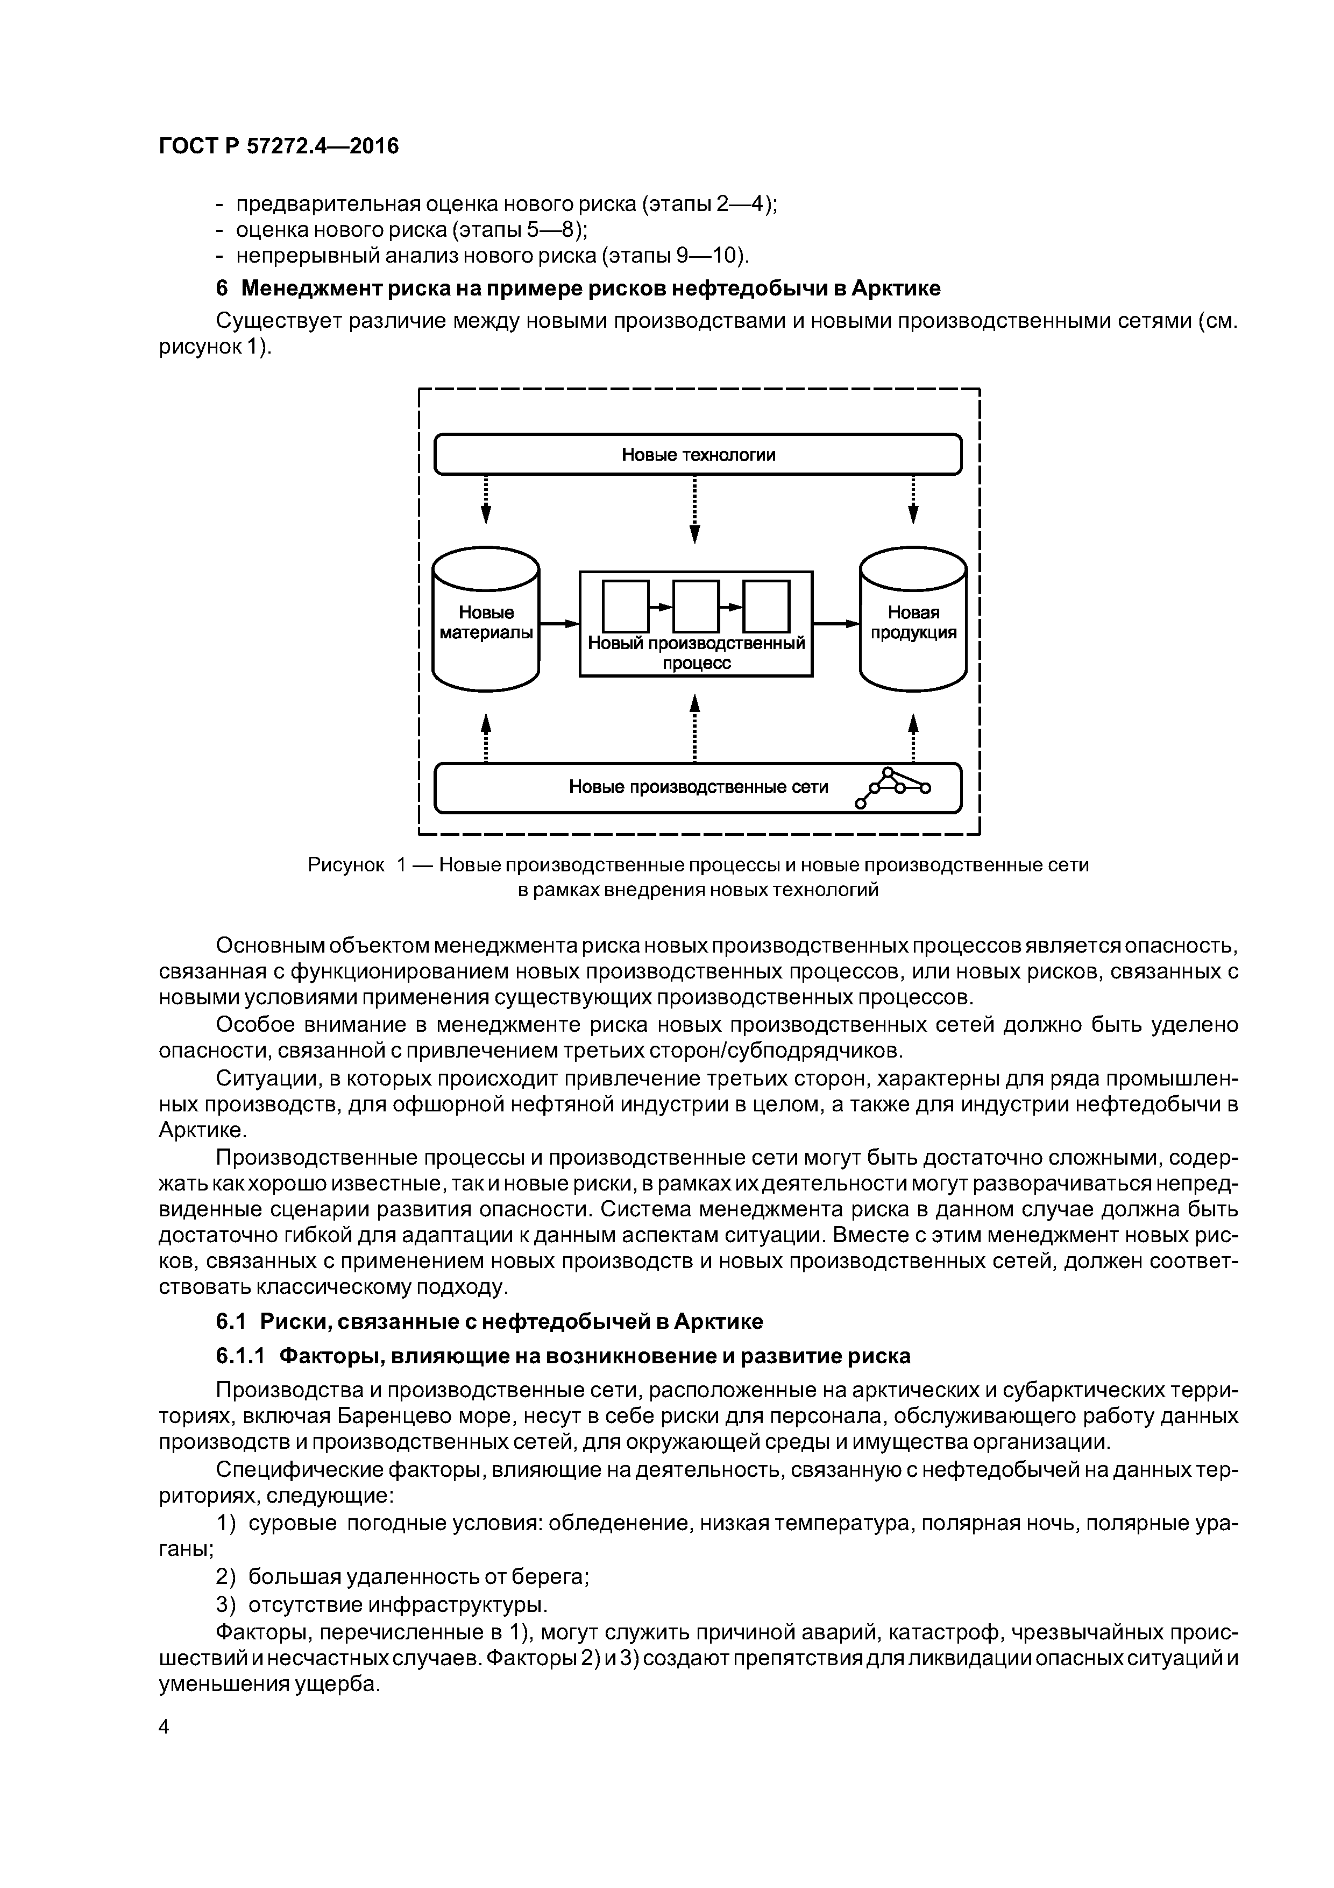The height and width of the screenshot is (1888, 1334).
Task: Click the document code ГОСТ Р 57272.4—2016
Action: tap(278, 146)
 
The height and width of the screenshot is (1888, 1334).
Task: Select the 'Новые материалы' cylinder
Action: tap(486, 623)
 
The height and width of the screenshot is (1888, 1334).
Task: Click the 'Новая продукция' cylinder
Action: tap(913, 623)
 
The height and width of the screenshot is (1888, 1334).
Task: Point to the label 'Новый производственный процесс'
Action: tap(696, 653)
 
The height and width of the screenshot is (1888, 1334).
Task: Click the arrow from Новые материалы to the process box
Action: tap(559, 624)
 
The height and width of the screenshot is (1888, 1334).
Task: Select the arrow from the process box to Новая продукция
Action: tap(835, 624)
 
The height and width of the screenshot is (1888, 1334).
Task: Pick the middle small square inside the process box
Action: tap(696, 606)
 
